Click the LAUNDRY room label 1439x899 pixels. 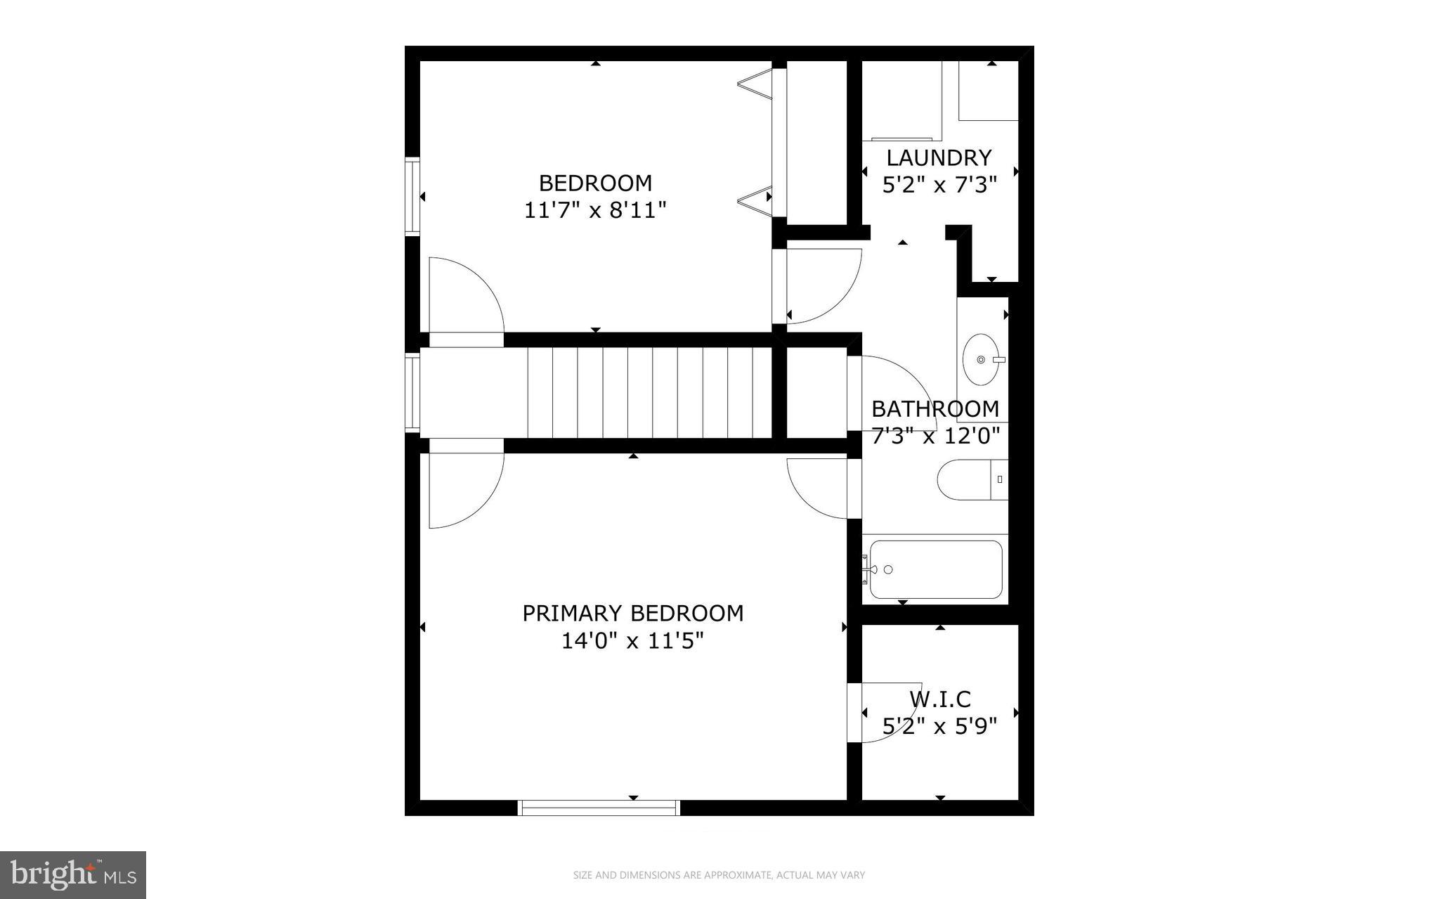pyautogui.click(x=939, y=157)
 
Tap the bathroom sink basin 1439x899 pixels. pyautogui.click(x=981, y=360)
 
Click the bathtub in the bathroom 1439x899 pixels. pyautogui.click(x=936, y=569)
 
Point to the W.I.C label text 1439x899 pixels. pyautogui.click(x=940, y=699)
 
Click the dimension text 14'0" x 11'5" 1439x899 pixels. pyautogui.click(x=632, y=641)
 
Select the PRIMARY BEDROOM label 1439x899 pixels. pyautogui.click(x=632, y=613)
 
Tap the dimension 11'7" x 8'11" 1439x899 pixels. pyautogui.click(x=595, y=210)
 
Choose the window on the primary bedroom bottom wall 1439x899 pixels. pyautogui.click(x=599, y=808)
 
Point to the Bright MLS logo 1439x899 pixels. pyautogui.click(x=73, y=875)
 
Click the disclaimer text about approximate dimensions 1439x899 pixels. pyautogui.click(x=719, y=875)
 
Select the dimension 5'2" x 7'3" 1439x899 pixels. pyautogui.click(x=939, y=186)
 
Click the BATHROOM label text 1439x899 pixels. pyautogui.click(x=935, y=408)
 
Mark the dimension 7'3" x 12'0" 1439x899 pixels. pyautogui.click(x=935, y=436)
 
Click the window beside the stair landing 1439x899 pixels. pyautogui.click(x=412, y=392)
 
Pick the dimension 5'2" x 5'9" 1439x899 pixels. pyautogui.click(x=939, y=726)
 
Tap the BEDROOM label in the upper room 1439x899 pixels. pyautogui.click(x=595, y=183)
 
